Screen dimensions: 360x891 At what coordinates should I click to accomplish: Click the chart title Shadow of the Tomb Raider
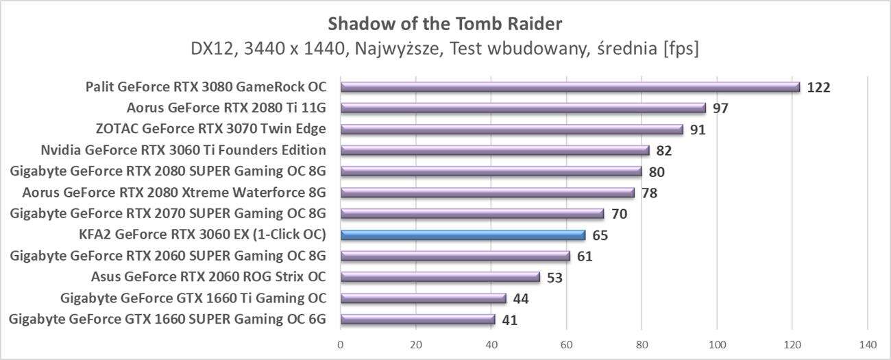pos(445,24)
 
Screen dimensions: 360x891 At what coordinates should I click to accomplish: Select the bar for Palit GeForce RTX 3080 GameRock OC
pos(570,87)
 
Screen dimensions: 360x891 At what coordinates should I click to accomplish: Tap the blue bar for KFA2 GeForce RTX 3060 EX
pos(463,235)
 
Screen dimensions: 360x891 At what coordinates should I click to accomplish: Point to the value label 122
pos(818,88)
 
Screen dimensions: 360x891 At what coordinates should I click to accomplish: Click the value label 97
pos(720,109)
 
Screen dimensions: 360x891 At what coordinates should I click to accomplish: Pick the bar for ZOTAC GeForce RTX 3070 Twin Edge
pos(511,130)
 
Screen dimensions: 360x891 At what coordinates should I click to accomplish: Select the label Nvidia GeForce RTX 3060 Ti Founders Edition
pos(183,150)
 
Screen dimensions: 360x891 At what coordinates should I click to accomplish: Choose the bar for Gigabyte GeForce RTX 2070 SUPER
pos(472,214)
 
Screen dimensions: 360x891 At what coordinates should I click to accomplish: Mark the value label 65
pos(600,236)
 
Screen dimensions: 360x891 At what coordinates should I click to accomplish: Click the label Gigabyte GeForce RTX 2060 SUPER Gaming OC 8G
pos(168,256)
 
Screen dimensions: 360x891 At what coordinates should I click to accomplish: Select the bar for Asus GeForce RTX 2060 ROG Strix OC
pos(440,277)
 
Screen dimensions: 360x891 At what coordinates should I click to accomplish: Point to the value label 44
pos(521,299)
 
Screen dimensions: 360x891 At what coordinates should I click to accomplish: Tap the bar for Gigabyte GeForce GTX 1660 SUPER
pos(417,320)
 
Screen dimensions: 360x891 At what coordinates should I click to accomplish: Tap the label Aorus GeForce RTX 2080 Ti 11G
pos(226,108)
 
